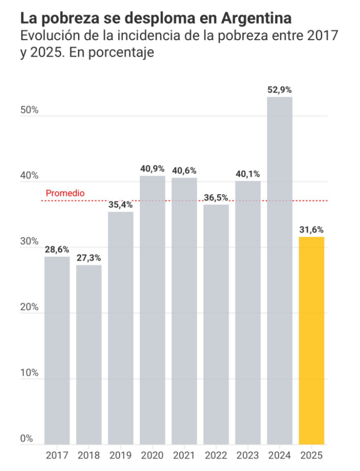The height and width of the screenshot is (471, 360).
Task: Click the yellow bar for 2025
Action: coord(311,340)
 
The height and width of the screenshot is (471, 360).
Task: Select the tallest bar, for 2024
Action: coord(279,270)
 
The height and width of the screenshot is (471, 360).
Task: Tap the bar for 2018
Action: coord(89,354)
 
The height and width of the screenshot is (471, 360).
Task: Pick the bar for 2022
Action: coord(216,324)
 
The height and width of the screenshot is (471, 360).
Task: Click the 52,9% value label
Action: coord(279,90)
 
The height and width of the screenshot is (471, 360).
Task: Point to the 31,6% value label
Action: coord(311,230)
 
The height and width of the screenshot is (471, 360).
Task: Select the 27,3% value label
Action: coord(89,258)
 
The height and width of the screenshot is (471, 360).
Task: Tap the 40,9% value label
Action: coord(152,169)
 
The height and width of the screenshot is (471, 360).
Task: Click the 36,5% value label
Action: coord(216,197)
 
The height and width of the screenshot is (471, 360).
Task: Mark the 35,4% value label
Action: coord(120,205)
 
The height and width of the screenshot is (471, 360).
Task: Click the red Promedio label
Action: coord(65,193)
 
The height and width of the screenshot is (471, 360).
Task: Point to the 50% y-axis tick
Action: coord(29,110)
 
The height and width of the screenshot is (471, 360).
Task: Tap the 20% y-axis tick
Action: coord(29,307)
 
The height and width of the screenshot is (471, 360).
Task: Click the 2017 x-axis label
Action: coord(57,455)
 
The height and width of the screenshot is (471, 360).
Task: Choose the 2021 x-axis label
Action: coord(184,455)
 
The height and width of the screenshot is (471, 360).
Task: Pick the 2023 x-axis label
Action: coord(248,455)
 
